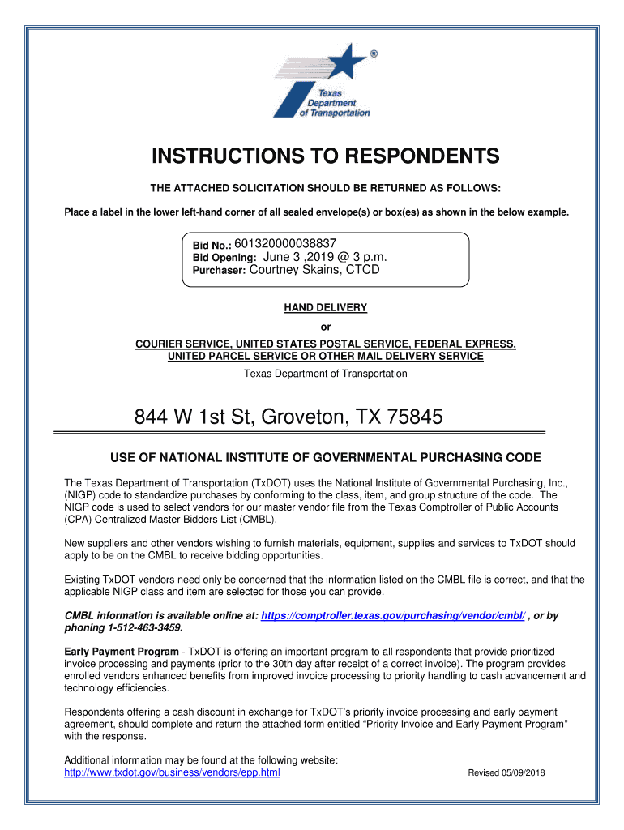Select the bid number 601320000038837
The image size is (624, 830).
285,243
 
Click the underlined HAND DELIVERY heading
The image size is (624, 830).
325,308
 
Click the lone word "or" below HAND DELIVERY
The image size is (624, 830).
326,327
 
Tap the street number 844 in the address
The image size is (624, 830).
151,417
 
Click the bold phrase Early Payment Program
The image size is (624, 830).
122,652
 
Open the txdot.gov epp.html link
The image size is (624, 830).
172,772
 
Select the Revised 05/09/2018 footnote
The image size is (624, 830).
506,773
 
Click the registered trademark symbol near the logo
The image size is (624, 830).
374,54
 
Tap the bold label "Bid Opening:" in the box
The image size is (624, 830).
224,258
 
